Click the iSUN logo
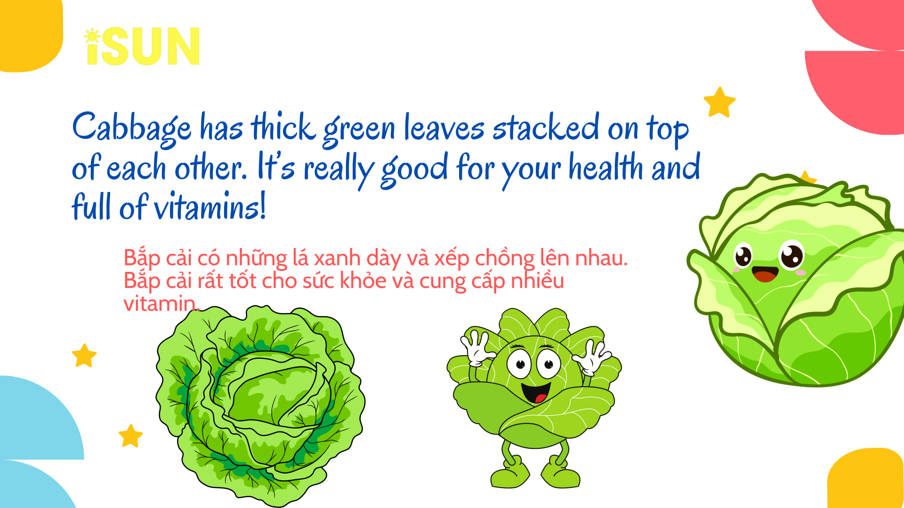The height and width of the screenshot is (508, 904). tap(142, 46)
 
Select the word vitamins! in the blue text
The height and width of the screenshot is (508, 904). tap(210, 206)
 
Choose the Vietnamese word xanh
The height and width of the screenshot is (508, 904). tap(337, 258)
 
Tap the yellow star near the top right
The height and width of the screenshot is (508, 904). tap(719, 102)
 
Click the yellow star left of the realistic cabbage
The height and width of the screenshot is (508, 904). tap(84, 356)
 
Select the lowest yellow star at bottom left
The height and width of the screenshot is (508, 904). tap(130, 436)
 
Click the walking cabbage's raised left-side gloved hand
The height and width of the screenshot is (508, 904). tap(476, 349)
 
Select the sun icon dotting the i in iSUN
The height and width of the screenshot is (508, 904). tap(92, 36)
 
